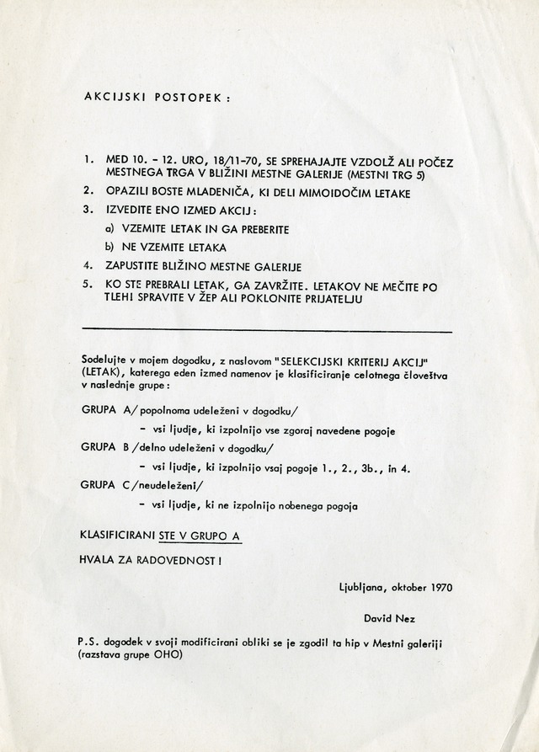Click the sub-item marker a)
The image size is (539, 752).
[x=109, y=229]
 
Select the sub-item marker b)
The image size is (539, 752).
[x=109, y=247]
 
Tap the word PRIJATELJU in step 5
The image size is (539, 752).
[x=360, y=301]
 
